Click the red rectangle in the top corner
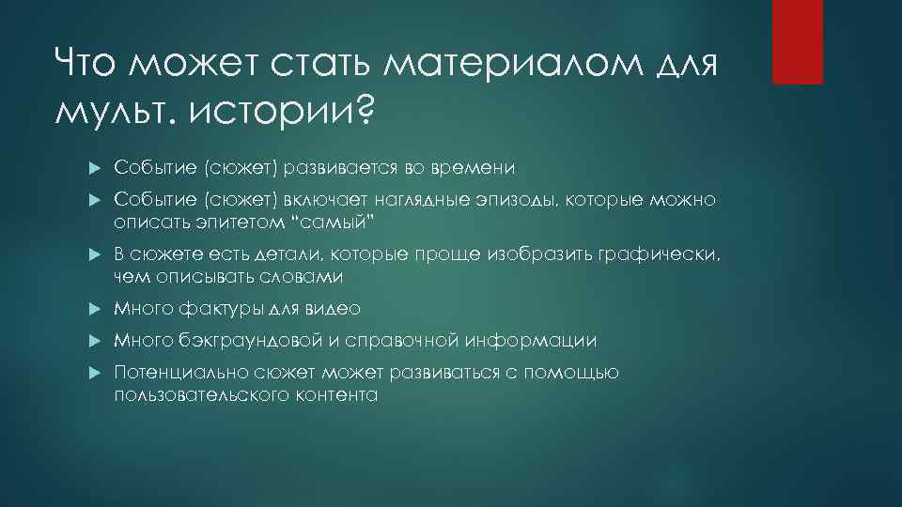[x=797, y=42]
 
